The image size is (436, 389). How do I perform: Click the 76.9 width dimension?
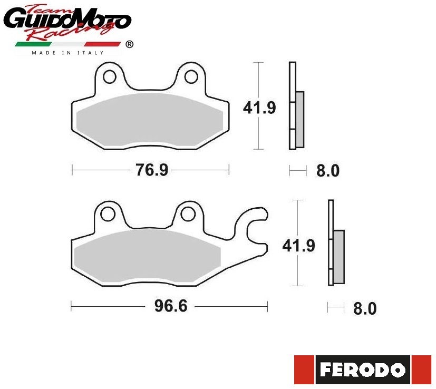click(x=152, y=170)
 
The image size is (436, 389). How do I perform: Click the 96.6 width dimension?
click(x=171, y=306)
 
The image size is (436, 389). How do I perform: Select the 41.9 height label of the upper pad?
click(x=259, y=108)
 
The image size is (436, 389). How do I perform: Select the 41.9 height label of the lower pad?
click(x=298, y=246)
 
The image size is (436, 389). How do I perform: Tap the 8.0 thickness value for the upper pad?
click(x=328, y=170)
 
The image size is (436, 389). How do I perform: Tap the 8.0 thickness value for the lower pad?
click(x=365, y=308)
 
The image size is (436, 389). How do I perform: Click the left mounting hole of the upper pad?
click(x=110, y=77)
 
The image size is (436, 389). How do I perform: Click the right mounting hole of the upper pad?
click(x=191, y=77)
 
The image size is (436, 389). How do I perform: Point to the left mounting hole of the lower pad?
click(x=108, y=215)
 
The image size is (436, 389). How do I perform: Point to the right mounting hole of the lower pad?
click(x=188, y=215)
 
